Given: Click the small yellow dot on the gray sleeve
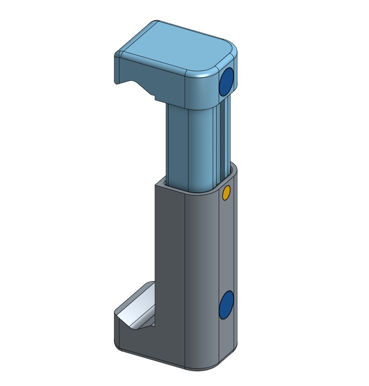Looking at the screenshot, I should (226, 193).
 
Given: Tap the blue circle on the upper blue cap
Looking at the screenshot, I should (227, 81).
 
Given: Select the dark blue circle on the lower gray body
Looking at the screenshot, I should (227, 304).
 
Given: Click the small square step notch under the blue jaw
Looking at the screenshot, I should (157, 98).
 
